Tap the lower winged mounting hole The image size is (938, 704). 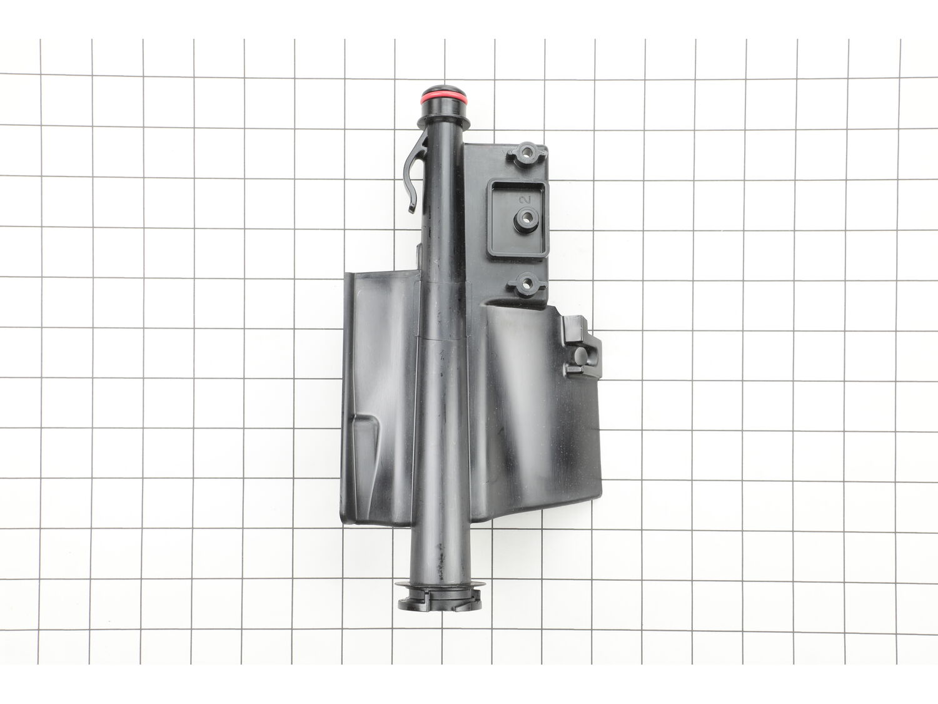(524, 284)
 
